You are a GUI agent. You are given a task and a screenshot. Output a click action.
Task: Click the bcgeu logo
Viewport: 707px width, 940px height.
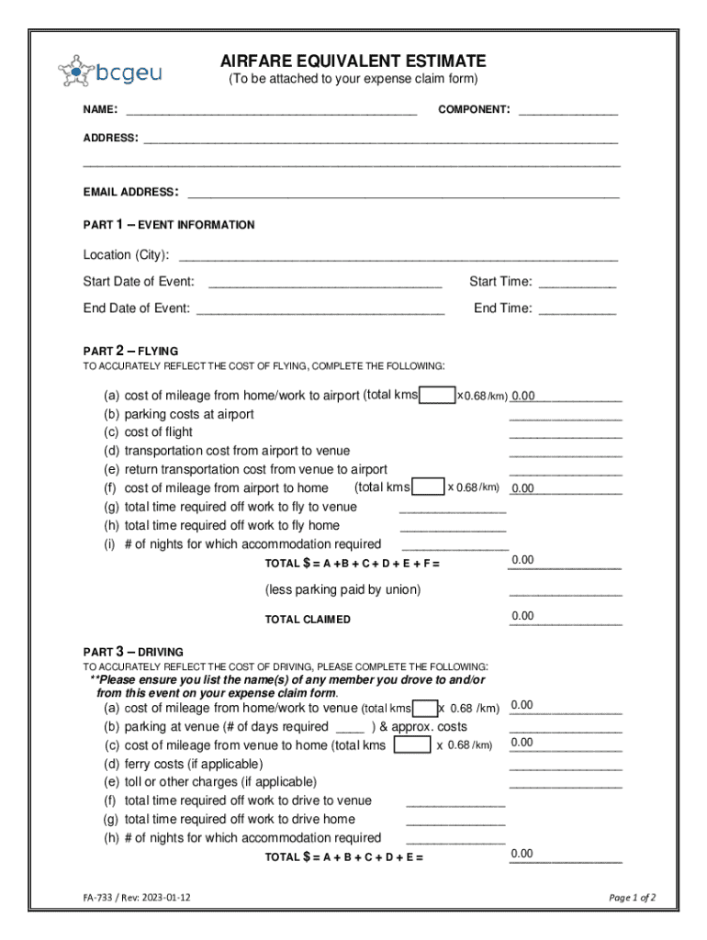tap(109, 70)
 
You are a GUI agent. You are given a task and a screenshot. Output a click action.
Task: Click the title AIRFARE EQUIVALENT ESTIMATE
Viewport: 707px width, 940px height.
tap(353, 62)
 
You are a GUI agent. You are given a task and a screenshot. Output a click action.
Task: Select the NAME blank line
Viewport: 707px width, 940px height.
tap(271, 110)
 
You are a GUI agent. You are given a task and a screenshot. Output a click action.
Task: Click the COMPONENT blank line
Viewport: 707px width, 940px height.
tap(567, 110)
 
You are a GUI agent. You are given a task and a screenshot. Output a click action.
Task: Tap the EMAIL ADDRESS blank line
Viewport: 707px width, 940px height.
tap(403, 193)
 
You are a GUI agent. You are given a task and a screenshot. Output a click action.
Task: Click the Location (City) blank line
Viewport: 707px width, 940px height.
tap(398, 255)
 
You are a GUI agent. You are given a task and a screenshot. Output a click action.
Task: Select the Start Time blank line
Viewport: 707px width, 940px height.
tap(577, 283)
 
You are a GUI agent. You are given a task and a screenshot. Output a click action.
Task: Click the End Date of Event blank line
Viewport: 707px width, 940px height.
tap(320, 309)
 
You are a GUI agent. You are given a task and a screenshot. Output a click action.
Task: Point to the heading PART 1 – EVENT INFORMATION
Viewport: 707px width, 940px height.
tap(169, 225)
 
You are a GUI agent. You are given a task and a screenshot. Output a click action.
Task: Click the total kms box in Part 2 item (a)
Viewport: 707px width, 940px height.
tap(437, 396)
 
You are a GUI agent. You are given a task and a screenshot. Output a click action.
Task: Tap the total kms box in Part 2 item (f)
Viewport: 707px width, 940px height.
tap(429, 487)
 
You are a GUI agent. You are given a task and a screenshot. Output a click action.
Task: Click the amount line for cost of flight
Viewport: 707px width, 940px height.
tap(566, 433)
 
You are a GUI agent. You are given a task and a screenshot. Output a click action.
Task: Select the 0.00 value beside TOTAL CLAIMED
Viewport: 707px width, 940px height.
tap(522, 616)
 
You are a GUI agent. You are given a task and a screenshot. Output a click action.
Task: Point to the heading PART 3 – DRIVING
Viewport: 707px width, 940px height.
tap(133, 653)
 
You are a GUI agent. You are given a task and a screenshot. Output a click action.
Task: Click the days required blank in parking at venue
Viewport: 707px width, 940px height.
tap(350, 727)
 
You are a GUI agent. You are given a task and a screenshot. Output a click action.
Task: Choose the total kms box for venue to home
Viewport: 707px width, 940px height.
tap(411, 745)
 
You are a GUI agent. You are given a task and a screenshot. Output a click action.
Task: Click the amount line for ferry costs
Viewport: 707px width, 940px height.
tap(566, 765)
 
